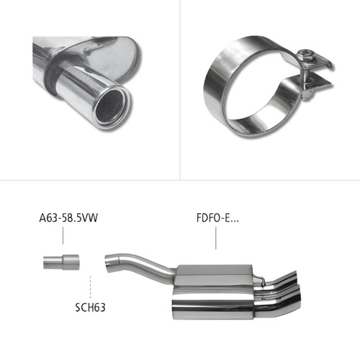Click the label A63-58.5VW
68,218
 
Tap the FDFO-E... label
217,218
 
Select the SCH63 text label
90,307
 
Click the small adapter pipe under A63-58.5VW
61,262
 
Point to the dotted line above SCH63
90,287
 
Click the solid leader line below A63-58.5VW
63,235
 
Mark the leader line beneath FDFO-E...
215,238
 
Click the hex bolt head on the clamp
304,55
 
